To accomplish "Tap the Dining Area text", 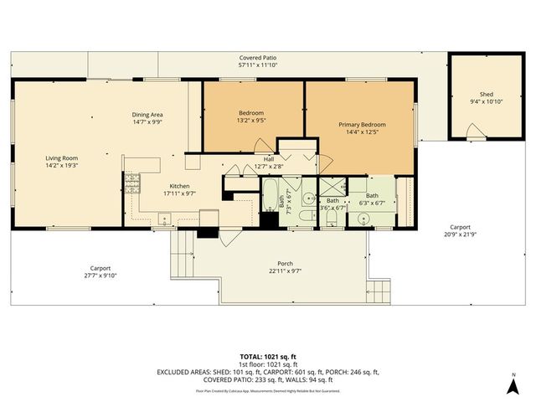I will pos(147,115).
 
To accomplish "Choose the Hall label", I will pos(269,158).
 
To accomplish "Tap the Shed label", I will pos(486,94).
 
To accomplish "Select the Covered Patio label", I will pos(257,57).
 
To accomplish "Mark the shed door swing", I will pos(475,131).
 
